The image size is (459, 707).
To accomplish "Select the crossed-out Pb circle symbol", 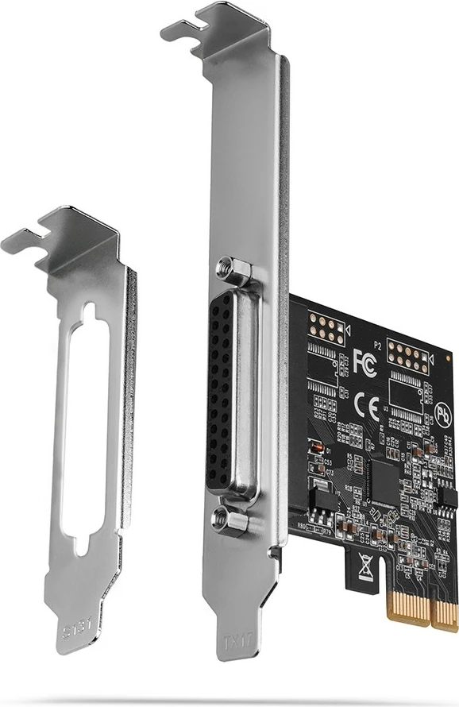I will [x=445, y=415].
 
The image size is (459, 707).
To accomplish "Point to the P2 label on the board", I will [x=379, y=346].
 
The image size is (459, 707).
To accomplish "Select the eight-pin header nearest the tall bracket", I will [x=326, y=327].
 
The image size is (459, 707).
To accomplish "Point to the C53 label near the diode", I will [x=328, y=462].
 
